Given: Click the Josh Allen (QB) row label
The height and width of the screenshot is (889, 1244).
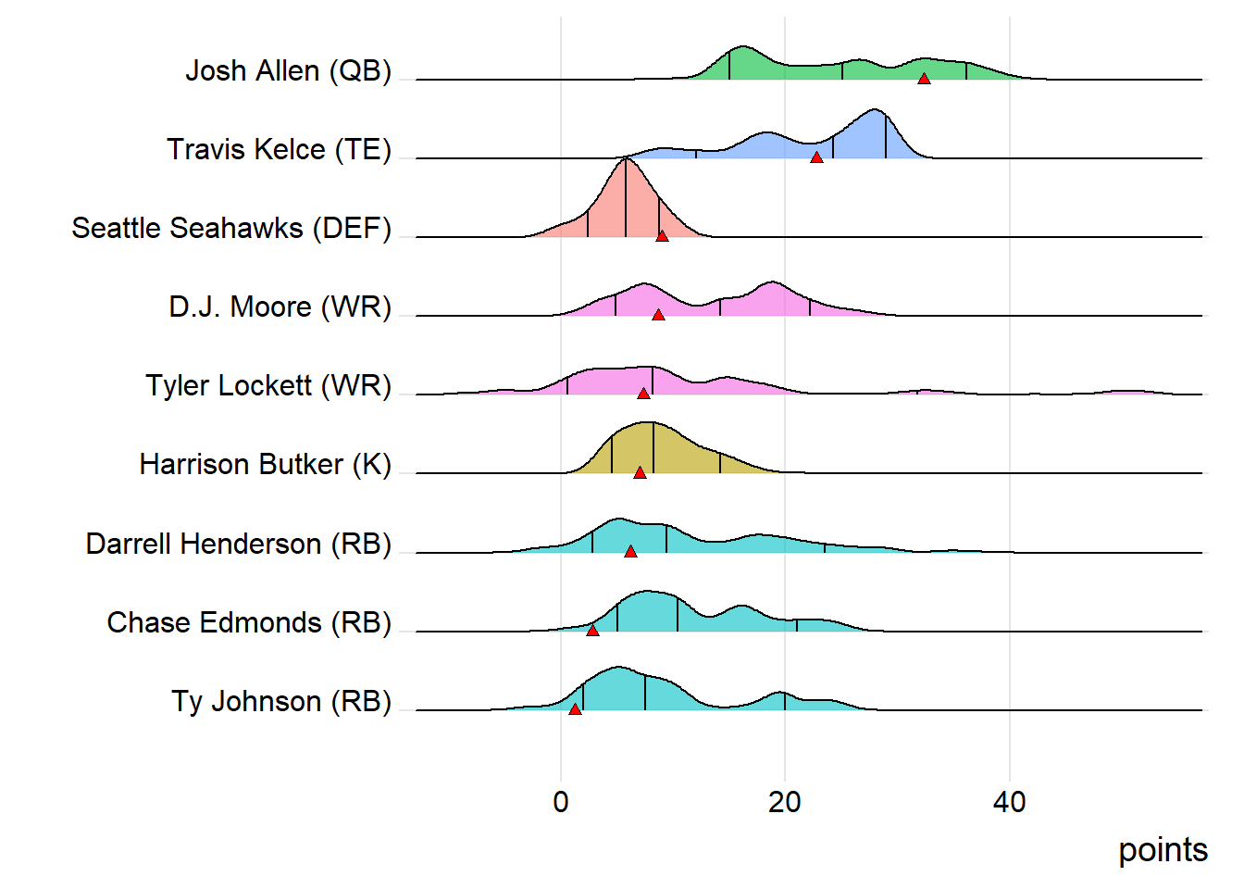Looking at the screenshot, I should pos(288,70).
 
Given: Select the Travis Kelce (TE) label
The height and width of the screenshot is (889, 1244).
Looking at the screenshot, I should pos(279,149).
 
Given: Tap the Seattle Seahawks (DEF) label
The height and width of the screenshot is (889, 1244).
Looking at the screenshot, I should pos(231,228).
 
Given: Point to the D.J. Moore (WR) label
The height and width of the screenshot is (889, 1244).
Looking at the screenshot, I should pos(280,307).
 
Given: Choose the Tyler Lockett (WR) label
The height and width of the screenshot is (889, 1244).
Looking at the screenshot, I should pos(268,385).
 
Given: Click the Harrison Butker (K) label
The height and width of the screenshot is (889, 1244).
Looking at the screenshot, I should pos(265,464).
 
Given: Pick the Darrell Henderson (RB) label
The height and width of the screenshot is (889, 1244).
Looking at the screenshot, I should pos(238,544).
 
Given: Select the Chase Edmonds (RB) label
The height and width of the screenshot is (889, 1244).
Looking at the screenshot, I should pos(249,622).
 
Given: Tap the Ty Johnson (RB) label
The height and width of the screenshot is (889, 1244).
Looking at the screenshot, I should pos(281,701).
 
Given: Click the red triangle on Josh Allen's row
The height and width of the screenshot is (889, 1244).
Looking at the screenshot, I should pos(924,79).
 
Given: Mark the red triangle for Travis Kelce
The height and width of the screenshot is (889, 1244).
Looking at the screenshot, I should pos(816,157).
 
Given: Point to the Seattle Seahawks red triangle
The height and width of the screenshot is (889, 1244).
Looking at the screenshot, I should pos(662,236).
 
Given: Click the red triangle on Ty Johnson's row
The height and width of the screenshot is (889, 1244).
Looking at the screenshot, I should pos(575,709).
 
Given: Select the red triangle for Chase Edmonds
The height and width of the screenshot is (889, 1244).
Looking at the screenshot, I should pos(592,631).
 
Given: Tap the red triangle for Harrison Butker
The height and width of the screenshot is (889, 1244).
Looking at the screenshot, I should pos(640,473).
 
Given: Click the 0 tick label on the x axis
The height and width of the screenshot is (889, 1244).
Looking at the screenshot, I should pos(561,802).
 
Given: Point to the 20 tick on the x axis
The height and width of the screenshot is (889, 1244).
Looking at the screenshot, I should pos(785,802).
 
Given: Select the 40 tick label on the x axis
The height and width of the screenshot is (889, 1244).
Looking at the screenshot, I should pos(1009,802).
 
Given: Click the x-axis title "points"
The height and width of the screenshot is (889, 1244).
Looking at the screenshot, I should pos(1163,850).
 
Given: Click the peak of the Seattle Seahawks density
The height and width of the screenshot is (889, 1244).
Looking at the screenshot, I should pos(627,159).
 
